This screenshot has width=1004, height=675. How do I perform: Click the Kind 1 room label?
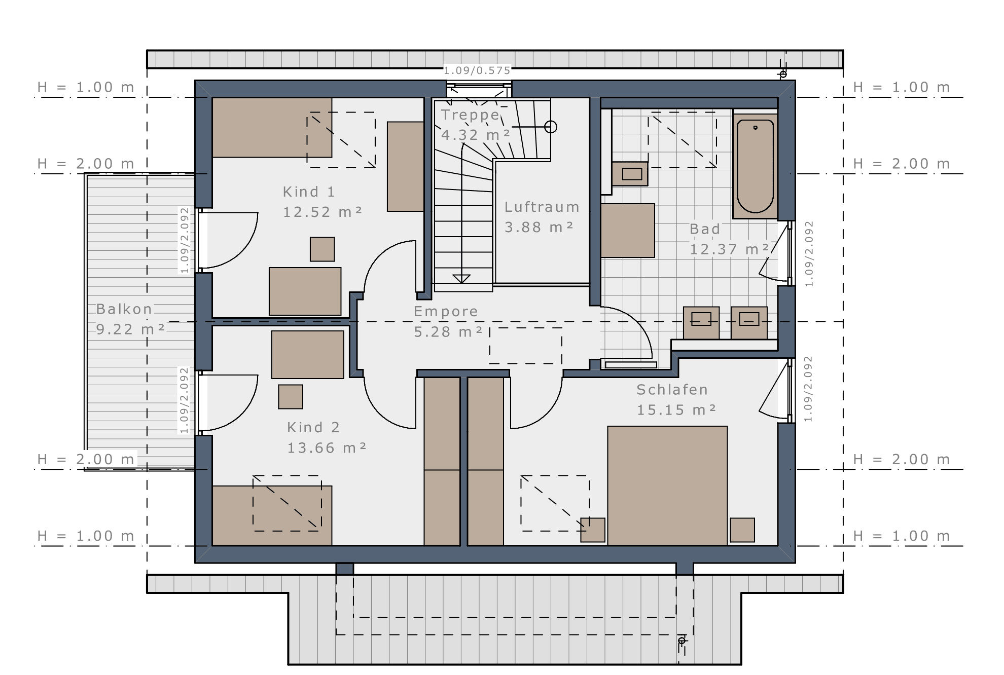[308, 192]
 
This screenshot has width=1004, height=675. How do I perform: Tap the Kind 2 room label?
[313, 428]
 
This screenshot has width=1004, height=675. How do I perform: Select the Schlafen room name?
[672, 390]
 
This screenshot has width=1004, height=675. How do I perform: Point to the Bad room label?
[705, 229]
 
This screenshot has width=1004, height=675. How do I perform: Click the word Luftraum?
[542, 207]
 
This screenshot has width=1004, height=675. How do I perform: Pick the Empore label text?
[446, 311]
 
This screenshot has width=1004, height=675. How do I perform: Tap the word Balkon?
[124, 309]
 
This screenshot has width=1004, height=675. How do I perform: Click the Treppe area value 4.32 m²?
[475, 135]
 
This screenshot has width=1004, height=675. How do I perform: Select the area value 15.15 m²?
[676, 410]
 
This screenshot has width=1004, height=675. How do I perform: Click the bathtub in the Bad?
[755, 166]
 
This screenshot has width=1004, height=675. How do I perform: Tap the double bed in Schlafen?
[667, 485]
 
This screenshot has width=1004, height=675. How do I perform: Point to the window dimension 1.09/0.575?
[477, 70]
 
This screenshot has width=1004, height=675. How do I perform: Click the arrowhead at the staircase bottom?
[461, 279]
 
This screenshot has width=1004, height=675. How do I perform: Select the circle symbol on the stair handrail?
[551, 127]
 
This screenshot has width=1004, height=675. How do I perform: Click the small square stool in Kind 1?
[322, 249]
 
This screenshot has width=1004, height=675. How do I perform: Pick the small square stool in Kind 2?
[291, 397]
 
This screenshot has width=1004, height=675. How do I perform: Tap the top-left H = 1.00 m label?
[86, 87]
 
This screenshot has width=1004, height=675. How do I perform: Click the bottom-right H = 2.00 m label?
[902, 460]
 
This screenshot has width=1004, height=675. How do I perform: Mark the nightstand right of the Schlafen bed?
[742, 530]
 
